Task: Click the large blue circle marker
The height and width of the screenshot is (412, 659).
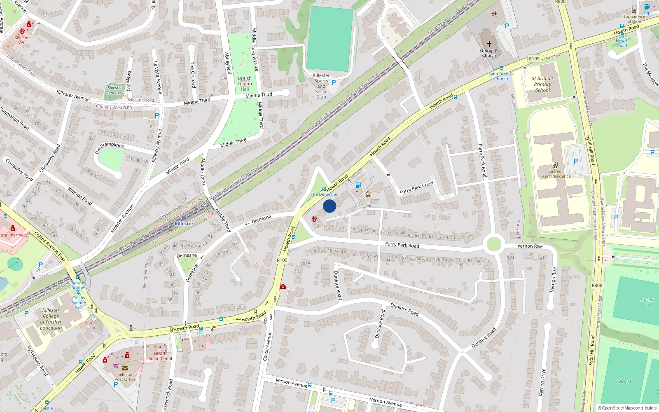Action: point(329,206)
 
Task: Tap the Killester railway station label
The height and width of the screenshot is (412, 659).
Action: point(184,224)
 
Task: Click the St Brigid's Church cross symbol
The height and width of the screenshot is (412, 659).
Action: point(489,44)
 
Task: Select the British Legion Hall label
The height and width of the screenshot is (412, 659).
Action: point(245,84)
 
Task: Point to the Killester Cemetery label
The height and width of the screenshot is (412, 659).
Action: point(115,90)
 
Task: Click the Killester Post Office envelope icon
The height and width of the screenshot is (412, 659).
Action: point(125,368)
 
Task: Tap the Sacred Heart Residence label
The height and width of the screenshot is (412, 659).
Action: point(555,174)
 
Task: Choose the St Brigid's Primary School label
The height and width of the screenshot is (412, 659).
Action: point(542,84)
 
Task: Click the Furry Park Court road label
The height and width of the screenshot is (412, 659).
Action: point(417,188)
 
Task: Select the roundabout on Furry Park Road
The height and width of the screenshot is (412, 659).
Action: point(493,244)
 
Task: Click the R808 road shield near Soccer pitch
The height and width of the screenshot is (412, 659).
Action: point(597,285)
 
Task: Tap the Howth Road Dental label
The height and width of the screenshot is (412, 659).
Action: point(160,356)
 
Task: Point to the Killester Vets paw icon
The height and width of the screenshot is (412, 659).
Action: point(22,31)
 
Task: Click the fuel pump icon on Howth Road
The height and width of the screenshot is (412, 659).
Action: point(358,185)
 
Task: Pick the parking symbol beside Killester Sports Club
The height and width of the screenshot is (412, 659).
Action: point(334,82)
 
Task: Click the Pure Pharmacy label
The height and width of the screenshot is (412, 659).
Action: point(14,235)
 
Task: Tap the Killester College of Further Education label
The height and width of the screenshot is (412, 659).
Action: point(51,319)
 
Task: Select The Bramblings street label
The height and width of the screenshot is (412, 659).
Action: point(109,147)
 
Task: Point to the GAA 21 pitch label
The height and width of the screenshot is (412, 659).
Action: point(624,382)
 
